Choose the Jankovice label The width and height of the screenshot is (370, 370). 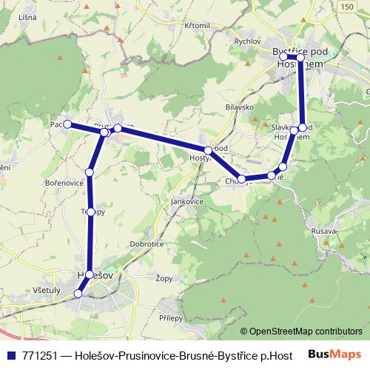coord(186,201)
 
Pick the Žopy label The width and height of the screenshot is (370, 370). coord(164,279)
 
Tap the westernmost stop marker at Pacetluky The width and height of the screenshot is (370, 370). coord(67,124)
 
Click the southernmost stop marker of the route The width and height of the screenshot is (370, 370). coord(79,294)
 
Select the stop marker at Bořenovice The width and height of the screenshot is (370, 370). coord(90,172)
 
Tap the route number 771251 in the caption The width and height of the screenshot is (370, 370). coord(40,354)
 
